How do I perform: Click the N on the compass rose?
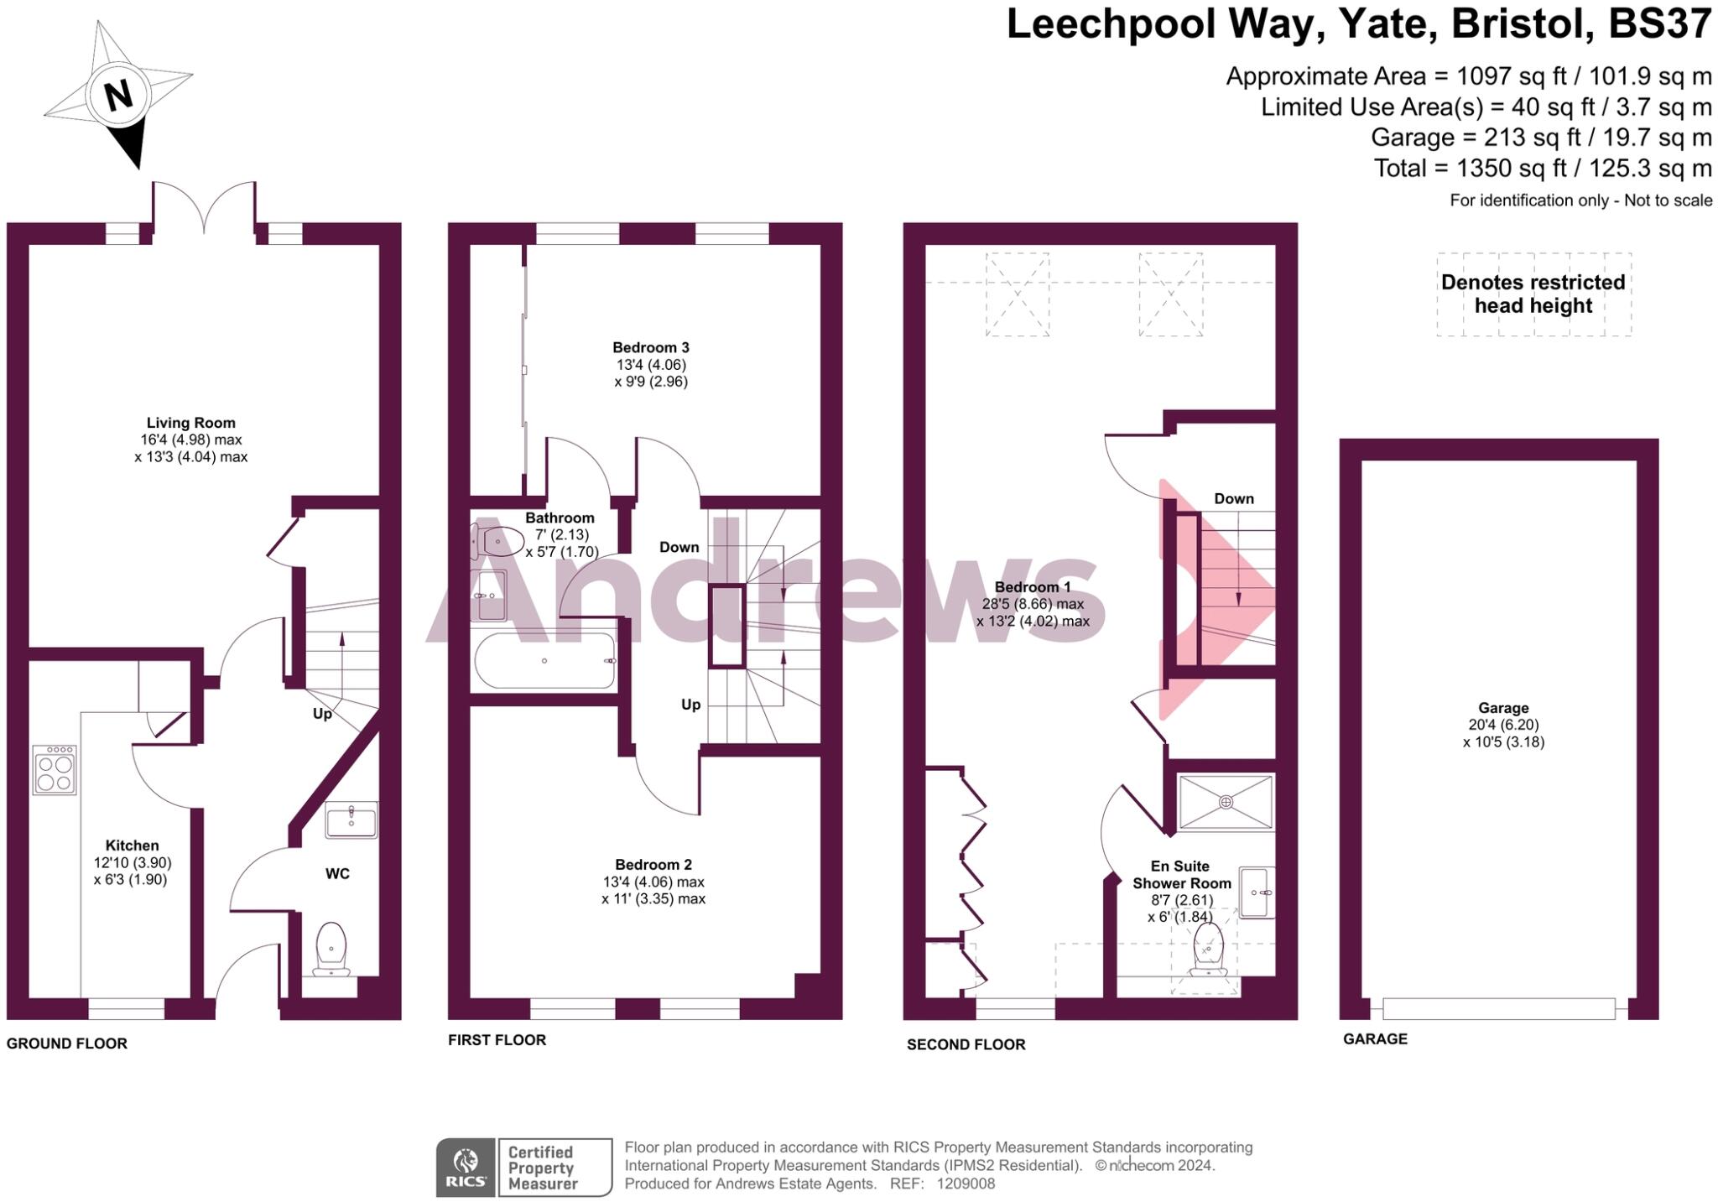tap(118, 95)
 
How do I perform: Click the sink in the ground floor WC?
tap(351, 820)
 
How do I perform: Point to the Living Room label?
tap(190, 423)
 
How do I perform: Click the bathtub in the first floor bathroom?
tap(544, 661)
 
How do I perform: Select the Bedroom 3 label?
tap(650, 347)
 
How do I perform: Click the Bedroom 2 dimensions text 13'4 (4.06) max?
tap(653, 882)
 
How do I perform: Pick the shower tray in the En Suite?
tap(1226, 802)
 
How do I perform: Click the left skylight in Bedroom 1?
tap(1017, 294)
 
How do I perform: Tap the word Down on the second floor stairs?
tap(1233, 498)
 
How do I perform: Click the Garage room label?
tap(1503, 708)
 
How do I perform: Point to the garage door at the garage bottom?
tap(1498, 1008)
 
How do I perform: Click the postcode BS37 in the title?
tap(1658, 23)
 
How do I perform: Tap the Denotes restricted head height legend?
tap(1533, 294)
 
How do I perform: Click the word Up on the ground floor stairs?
tap(322, 714)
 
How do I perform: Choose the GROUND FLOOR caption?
tap(67, 1043)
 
